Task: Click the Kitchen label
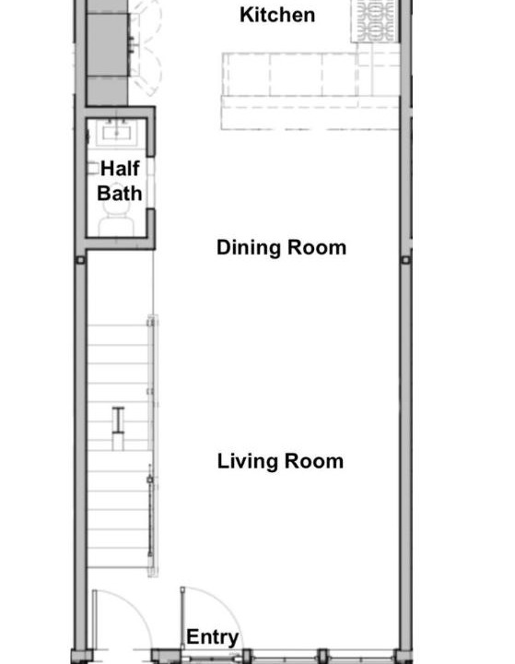[277, 15]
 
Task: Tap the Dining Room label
[281, 247]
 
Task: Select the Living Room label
[280, 461]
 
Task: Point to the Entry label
[213, 637]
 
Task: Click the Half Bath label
[120, 181]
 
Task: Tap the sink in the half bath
[116, 133]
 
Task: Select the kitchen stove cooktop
[375, 21]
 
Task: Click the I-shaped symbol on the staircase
[119, 421]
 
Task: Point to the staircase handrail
[152, 445]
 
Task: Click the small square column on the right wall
[405, 259]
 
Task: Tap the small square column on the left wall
[80, 259]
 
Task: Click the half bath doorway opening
[151, 183]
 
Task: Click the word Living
[248, 461]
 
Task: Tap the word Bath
[120, 194]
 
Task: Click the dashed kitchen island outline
[311, 90]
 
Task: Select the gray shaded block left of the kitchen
[108, 53]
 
